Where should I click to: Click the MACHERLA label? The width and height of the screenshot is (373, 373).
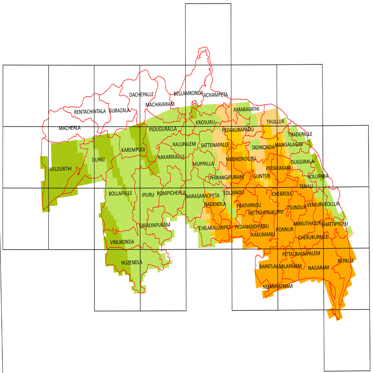[70, 128]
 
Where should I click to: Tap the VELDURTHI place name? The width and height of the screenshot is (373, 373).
[61, 169]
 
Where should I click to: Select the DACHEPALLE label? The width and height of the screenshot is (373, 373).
[141, 95]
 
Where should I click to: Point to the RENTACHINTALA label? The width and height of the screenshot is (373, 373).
[90, 111]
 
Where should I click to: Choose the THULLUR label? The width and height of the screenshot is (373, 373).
[275, 122]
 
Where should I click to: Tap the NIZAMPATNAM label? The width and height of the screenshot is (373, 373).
[278, 287]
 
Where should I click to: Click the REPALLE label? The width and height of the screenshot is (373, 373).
[345, 261]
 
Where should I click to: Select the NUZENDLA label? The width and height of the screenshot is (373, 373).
[131, 262]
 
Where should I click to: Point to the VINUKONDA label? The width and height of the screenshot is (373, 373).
[122, 242]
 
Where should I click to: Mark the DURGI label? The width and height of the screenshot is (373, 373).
[98, 160]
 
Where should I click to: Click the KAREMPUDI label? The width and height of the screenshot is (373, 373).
[133, 150]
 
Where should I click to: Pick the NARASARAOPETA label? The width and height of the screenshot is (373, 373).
[202, 196]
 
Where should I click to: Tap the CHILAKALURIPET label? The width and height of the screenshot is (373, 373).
[215, 228]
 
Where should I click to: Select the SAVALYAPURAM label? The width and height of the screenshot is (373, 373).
[155, 226]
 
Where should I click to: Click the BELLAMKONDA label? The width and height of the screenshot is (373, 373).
[188, 94]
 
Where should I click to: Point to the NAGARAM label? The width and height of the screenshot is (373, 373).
[318, 268]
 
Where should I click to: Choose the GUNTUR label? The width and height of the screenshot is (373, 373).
[262, 176]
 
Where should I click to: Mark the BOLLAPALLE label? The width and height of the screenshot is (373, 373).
[120, 194]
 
